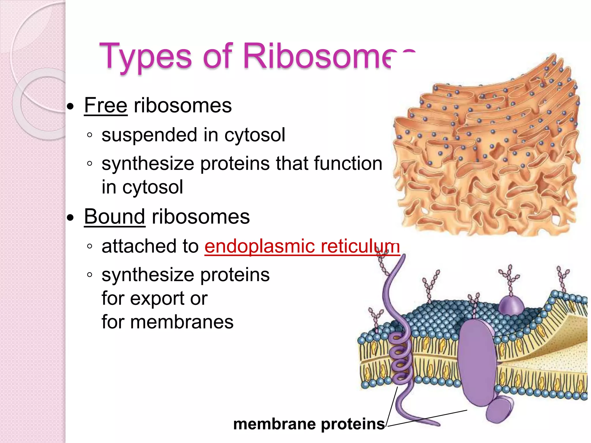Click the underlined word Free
tap(106, 106)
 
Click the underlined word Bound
tap(115, 217)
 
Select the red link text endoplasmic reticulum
tap(302, 246)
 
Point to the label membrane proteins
tap(309, 424)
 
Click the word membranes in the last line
tap(182, 322)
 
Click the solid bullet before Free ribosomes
tap(70, 107)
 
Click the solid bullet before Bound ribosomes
tap(70, 218)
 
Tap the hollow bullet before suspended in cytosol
tap(90, 135)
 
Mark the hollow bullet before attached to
tap(90, 246)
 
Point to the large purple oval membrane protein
tap(476, 363)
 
